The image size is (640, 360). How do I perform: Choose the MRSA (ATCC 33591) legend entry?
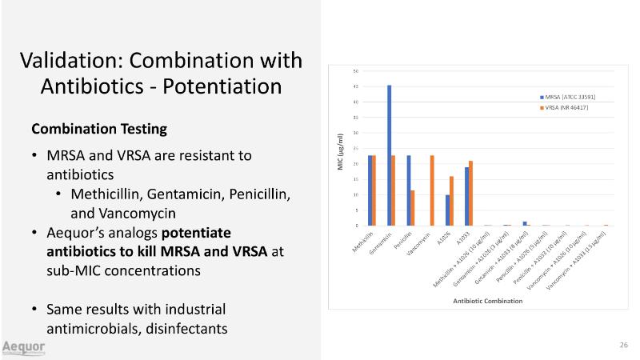point(569,97)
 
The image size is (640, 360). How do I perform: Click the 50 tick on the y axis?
point(355,71)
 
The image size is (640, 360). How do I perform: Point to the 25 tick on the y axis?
point(355,148)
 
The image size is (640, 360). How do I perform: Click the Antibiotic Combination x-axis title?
point(488,301)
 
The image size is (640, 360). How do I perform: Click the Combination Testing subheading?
point(99,128)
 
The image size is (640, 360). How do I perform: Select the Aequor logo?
point(23,347)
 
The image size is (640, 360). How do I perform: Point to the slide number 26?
point(623,345)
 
